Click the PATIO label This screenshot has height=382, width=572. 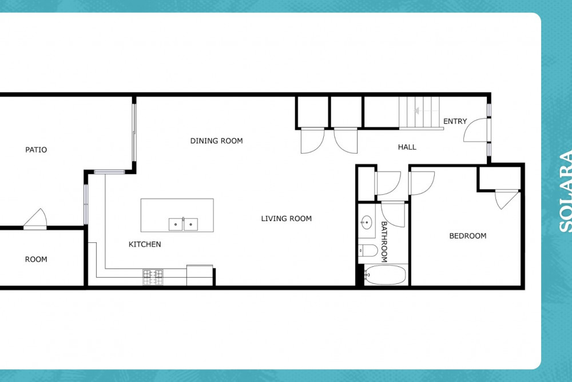[35, 149]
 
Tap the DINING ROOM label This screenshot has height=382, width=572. [216, 141]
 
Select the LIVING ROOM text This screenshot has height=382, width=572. [287, 219]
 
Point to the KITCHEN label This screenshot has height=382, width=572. [145, 245]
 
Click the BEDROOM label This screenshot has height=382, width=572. [468, 236]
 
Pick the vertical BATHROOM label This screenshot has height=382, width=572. [384, 242]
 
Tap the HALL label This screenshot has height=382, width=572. [407, 147]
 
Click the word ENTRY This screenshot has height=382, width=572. [455, 121]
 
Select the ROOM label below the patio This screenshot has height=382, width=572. [35, 259]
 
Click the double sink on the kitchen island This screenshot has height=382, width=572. [183, 225]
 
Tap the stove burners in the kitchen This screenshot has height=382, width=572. [153, 277]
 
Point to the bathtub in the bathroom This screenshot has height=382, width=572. [385, 275]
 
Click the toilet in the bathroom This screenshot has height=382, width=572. [368, 250]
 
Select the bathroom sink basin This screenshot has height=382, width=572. [366, 222]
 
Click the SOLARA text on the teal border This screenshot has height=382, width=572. [565, 191]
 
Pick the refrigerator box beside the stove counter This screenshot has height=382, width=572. [200, 275]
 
